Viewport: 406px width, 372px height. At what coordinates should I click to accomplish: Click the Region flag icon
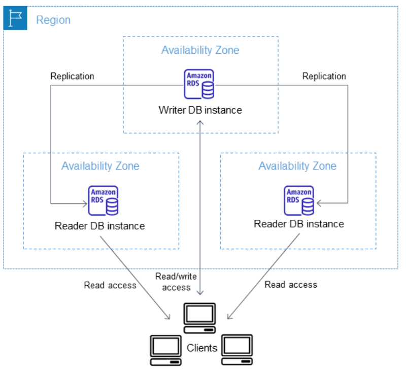(x=15, y=18)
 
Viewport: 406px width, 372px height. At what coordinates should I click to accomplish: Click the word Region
(x=53, y=20)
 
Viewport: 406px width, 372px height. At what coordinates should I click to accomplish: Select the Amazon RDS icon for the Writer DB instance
(x=199, y=84)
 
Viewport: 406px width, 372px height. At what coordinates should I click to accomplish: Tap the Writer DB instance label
(x=200, y=110)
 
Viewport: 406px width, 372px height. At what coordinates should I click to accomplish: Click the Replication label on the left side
(x=72, y=76)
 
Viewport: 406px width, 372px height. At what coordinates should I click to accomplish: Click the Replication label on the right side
(x=324, y=76)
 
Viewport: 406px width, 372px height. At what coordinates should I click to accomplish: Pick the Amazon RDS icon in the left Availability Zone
(x=103, y=200)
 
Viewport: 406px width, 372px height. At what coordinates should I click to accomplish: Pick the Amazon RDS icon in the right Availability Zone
(x=299, y=200)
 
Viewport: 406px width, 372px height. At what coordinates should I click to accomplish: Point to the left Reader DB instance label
(x=99, y=226)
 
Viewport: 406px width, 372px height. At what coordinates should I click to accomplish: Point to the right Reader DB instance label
(x=299, y=224)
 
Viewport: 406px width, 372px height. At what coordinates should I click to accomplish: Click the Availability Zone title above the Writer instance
(x=200, y=50)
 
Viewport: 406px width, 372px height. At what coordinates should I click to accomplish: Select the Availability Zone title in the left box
(x=100, y=166)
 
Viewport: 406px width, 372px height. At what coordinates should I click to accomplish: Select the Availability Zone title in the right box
(x=297, y=166)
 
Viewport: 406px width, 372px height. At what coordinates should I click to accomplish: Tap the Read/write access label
(x=176, y=282)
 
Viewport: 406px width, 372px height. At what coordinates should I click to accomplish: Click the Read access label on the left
(x=110, y=285)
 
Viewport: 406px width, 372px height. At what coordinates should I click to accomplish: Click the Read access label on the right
(x=291, y=285)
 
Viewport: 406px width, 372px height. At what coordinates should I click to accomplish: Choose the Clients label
(x=202, y=348)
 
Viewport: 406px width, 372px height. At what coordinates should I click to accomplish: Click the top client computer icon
(x=199, y=318)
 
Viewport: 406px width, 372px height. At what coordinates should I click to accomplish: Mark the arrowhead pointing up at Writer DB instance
(x=200, y=122)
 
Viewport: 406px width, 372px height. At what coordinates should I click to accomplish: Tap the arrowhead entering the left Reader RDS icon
(x=85, y=204)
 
